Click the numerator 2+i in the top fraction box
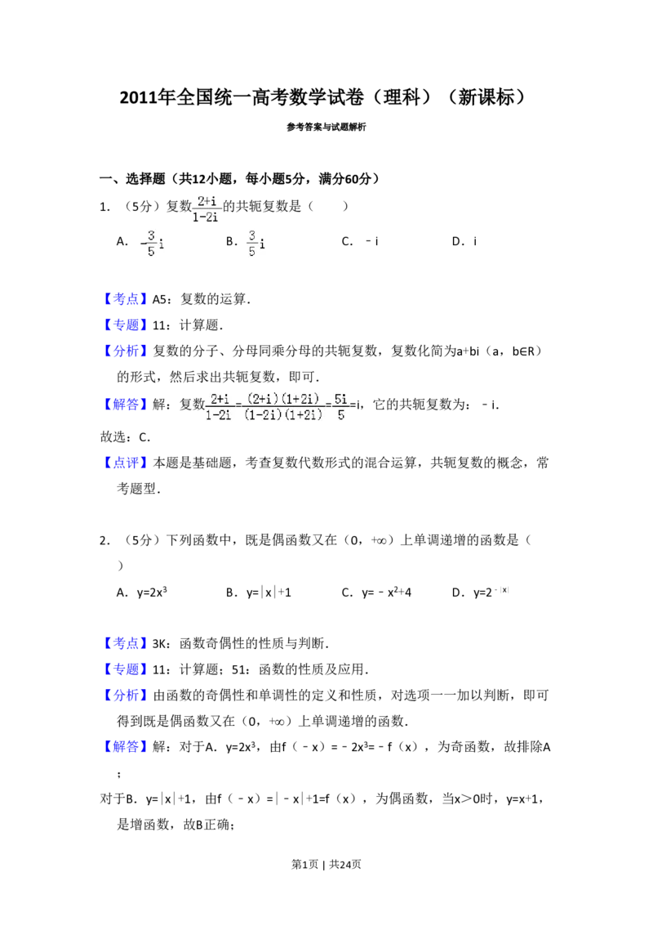coord(207,201)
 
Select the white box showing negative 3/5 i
coord(150,242)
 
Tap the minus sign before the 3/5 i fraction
coord(143,242)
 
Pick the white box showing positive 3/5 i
coord(255,242)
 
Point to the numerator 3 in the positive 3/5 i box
coord(252,235)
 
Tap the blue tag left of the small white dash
coord(127,298)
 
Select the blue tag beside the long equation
coord(127,404)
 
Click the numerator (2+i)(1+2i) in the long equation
coord(283,399)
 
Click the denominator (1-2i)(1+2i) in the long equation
coord(283,415)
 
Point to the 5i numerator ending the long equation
coord(342,399)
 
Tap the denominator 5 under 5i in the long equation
coord(341,415)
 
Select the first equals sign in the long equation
coord(238,406)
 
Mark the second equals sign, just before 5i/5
coord(329,406)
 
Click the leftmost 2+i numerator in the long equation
coord(219,399)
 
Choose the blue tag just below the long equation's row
coord(127,463)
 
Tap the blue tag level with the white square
coord(127,644)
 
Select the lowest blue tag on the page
coord(127,747)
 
